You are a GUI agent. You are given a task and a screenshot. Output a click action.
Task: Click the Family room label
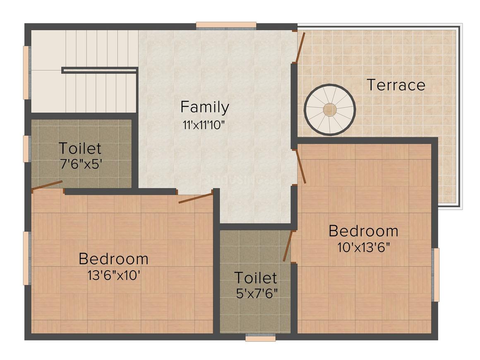click(x=204, y=108)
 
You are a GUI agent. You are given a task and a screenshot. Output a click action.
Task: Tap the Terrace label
click(x=396, y=85)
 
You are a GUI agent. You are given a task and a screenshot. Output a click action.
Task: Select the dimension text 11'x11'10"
click(x=204, y=125)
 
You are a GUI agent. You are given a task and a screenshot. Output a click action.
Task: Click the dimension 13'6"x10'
click(x=113, y=275)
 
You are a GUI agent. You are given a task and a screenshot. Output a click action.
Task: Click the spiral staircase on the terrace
click(x=330, y=110)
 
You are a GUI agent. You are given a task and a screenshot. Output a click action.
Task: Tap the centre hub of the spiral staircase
click(x=330, y=110)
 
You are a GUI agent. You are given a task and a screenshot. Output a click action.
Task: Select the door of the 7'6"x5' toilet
click(x=47, y=185)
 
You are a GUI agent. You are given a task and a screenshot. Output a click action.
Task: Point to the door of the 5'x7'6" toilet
click(x=288, y=246)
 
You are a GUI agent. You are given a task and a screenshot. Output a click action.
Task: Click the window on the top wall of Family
click(x=226, y=26)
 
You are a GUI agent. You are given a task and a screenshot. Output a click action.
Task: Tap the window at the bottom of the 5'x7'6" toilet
click(x=260, y=337)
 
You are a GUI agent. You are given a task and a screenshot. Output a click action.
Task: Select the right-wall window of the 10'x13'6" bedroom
click(x=436, y=275)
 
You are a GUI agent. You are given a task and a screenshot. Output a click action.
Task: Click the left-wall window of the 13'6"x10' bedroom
click(x=26, y=258)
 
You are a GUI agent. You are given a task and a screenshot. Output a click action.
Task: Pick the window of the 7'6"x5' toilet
click(x=26, y=149)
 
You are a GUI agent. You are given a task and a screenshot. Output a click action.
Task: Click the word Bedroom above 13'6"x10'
click(x=113, y=259)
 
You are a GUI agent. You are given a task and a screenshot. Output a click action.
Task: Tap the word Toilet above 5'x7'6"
click(x=255, y=277)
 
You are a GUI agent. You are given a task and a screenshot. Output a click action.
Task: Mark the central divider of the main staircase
click(x=100, y=70)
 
